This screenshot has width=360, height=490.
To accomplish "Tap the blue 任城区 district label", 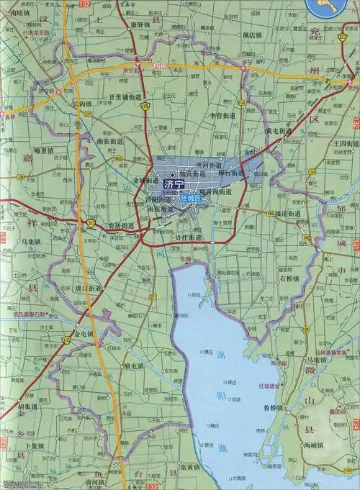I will [x=192, y=197].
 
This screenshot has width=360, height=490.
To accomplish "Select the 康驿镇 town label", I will [x=140, y=24].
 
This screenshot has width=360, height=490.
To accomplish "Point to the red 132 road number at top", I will [x=87, y=4].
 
